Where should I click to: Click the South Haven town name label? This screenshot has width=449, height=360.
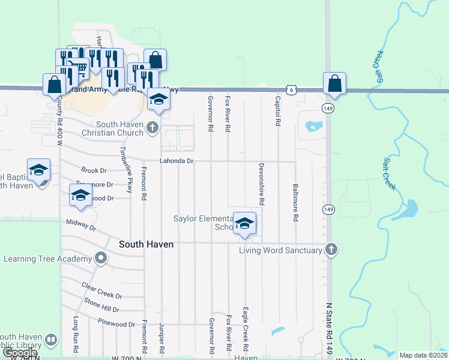coord(146,244)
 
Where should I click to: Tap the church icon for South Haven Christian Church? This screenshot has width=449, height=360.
coord(152,127)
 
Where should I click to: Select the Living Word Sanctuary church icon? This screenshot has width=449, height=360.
coord(331,250)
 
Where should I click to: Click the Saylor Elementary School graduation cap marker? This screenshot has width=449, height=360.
coord(244,224)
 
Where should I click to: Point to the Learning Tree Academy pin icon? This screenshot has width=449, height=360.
coord(100,259)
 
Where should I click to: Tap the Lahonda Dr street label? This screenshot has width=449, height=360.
coord(176,161)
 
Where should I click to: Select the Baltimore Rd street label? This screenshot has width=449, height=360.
coord(295,203)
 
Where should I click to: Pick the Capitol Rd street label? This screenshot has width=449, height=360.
coord(278,111)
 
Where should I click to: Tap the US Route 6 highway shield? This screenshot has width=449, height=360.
coord(291,89)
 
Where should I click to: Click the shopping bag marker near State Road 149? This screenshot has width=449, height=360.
coord(334,84)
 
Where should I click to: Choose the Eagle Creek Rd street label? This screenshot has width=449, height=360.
coord(246,330)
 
